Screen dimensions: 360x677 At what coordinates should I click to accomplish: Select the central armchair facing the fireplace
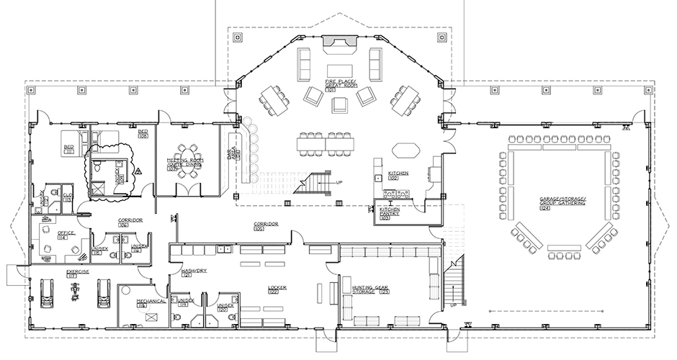(339, 105)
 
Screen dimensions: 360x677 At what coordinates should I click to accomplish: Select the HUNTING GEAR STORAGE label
(372, 289)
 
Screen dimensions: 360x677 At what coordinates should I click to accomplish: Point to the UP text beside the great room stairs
(339, 183)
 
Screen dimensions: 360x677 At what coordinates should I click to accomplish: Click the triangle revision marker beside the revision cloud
(138, 171)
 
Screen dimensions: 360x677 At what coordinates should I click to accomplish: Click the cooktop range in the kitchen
(397, 192)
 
